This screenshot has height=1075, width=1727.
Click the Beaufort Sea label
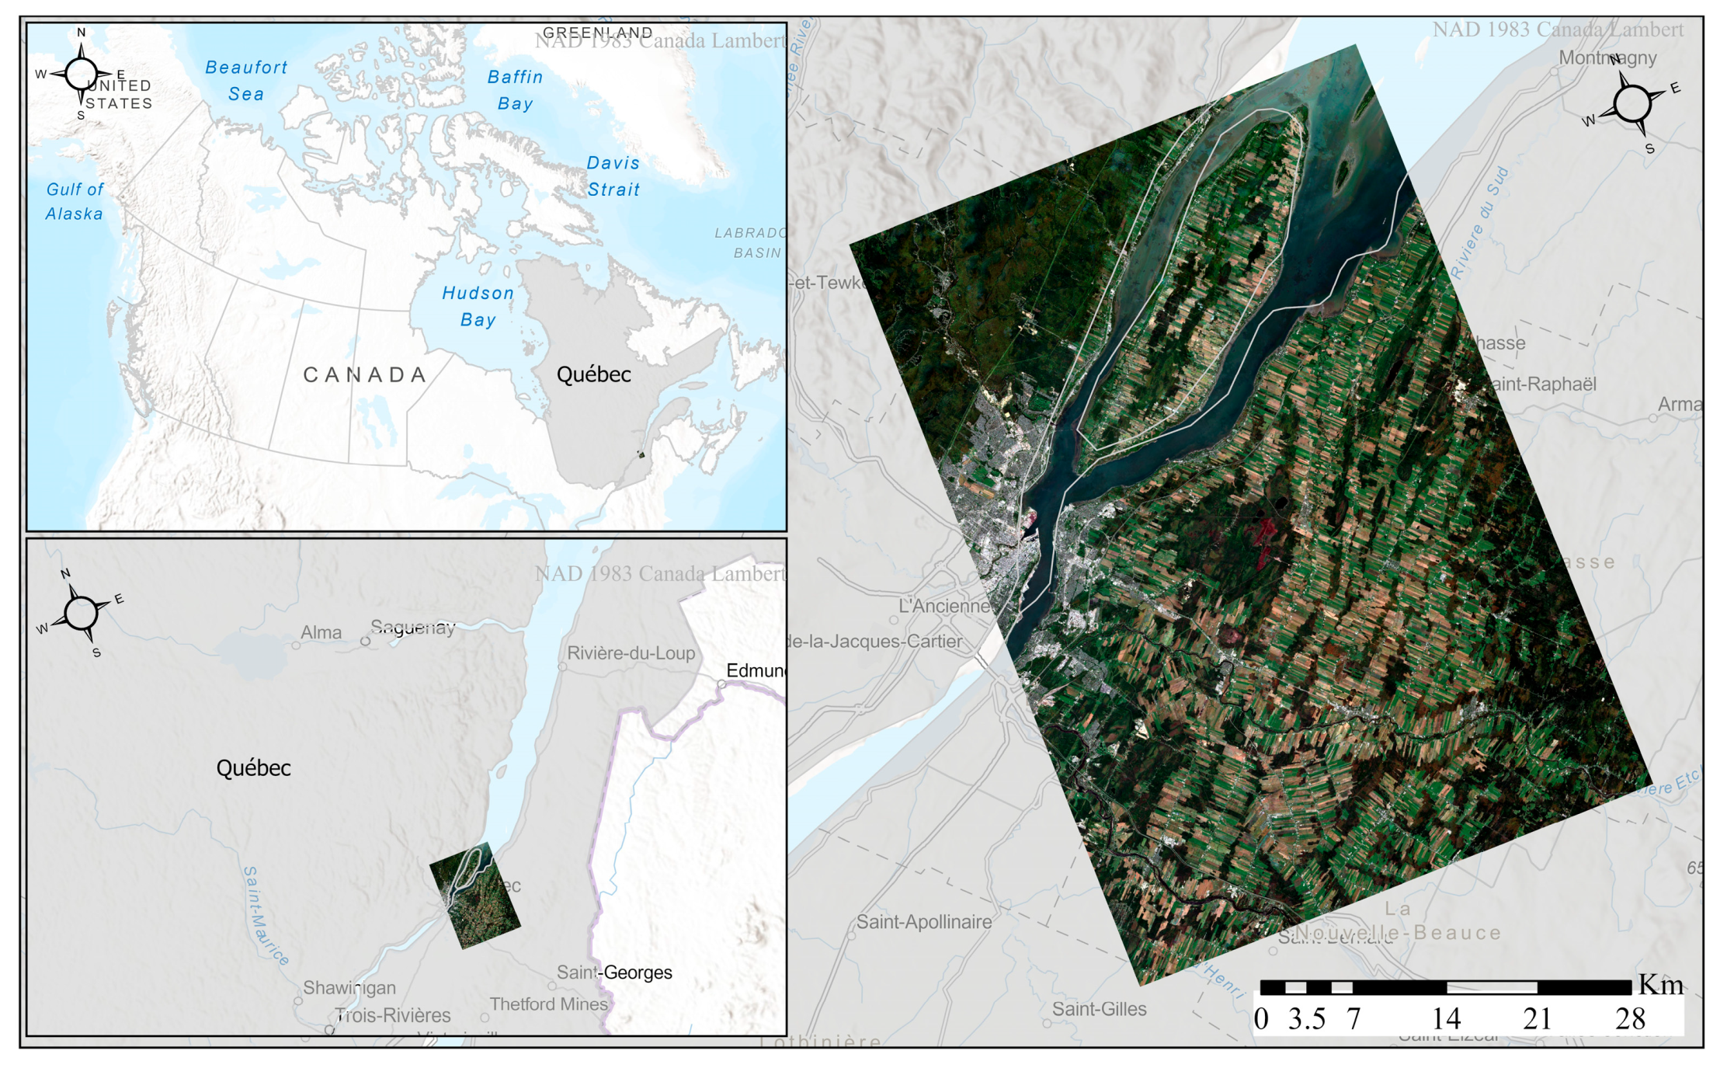tap(246, 81)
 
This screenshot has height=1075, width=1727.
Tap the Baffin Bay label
tap(515, 90)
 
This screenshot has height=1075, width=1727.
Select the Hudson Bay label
tap(478, 306)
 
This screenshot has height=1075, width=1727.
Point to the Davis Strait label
tap(613, 176)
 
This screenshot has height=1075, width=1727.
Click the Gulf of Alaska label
tap(75, 201)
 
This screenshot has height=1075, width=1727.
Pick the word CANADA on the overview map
tap(365, 375)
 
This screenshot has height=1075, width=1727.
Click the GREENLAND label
tap(597, 32)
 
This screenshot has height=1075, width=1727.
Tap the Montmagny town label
tap(1607, 58)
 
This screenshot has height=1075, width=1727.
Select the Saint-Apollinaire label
tap(924, 922)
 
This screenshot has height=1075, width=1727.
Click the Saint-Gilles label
tap(1099, 1009)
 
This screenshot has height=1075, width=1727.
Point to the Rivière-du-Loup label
tap(631, 653)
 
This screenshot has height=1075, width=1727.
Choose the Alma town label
tap(321, 633)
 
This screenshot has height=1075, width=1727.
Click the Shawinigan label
tap(349, 988)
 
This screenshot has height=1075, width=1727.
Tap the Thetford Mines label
tap(548, 1004)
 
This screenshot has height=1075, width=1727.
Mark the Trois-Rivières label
tap(393, 1016)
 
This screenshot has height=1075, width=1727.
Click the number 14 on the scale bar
tap(1446, 1019)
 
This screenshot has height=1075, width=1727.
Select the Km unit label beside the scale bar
tap(1660, 985)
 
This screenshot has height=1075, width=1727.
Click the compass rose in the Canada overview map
tap(81, 75)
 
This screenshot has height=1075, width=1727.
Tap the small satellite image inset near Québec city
tap(475, 896)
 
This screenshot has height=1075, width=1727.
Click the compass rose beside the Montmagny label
tap(1632, 103)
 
